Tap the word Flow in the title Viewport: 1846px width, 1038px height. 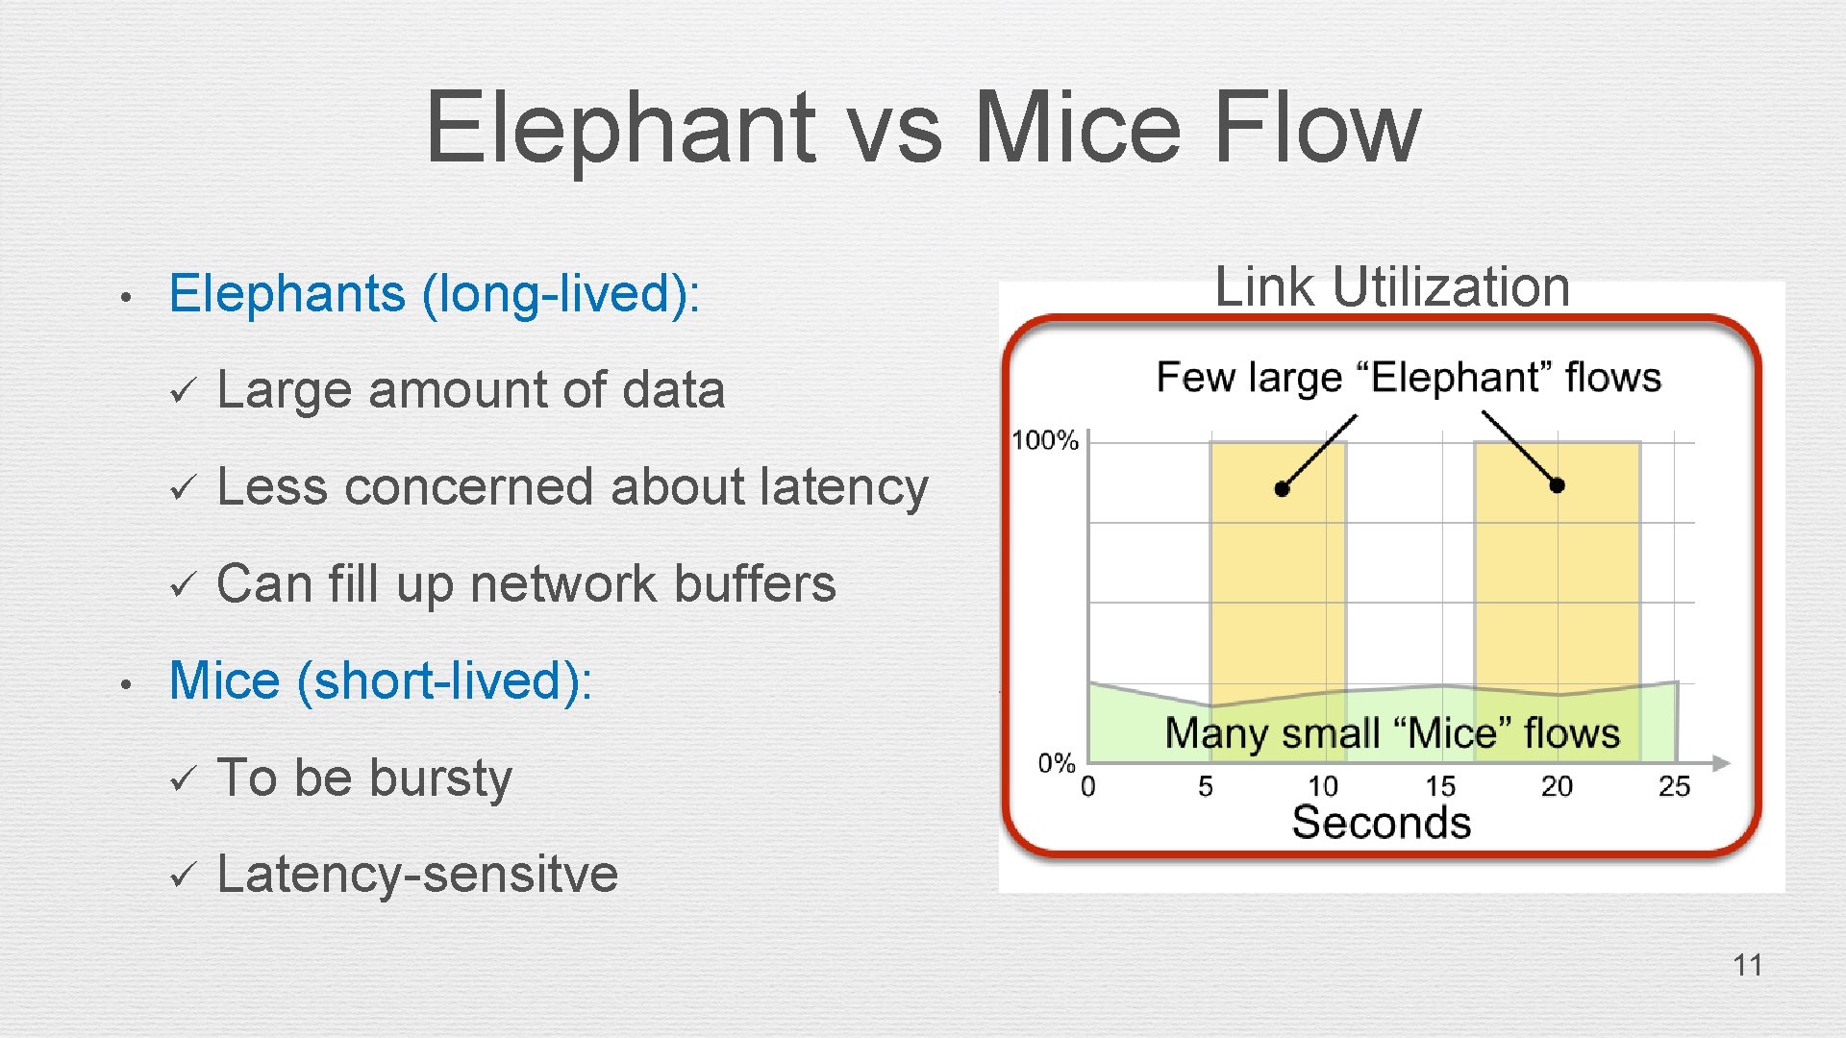click(1316, 128)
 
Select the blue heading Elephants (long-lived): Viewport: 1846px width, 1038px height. click(435, 293)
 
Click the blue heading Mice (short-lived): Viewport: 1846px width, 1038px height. click(381, 680)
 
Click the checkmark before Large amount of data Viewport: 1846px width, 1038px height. click(182, 391)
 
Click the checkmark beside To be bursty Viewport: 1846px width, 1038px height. click(182, 778)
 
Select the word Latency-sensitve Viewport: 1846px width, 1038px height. click(417, 874)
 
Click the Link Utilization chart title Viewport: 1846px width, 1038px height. click(1391, 286)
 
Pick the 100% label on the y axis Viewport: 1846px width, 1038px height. click(1045, 441)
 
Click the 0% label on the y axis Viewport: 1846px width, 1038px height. click(1056, 763)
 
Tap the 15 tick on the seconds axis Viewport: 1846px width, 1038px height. click(1440, 786)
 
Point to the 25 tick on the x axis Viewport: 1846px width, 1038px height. click(1674, 786)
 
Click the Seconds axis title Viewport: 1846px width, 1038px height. click(1381, 823)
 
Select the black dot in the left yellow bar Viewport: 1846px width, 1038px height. click(1282, 489)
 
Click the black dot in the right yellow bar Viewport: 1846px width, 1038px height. click(1557, 485)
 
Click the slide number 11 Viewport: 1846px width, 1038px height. click(1747, 965)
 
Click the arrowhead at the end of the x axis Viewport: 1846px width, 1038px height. click(1722, 763)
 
